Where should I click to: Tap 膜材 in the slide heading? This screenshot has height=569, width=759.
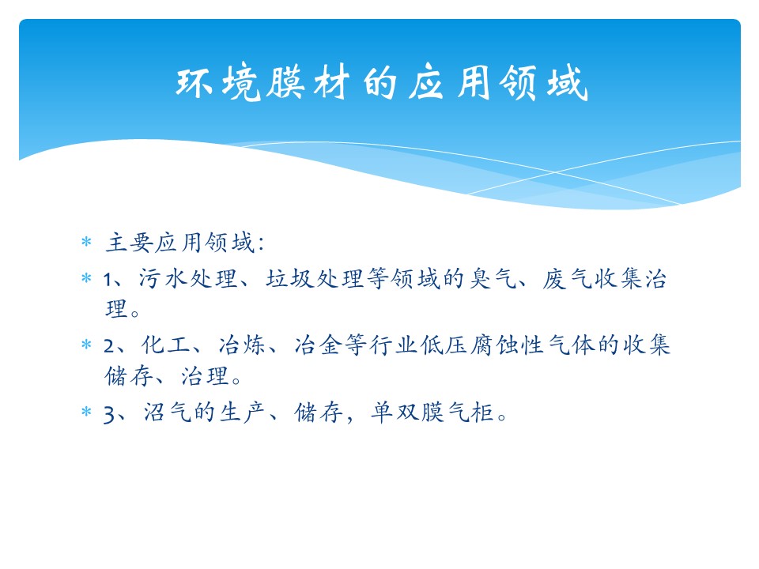[x=308, y=83]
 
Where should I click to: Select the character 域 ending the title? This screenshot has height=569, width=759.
[x=568, y=83]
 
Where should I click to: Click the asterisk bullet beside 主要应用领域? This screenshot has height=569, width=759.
[x=87, y=241]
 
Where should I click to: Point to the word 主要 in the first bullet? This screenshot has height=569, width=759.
[x=129, y=243]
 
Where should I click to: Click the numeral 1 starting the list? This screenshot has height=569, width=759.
[x=108, y=280]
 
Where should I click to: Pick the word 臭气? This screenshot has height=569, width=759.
[x=493, y=279]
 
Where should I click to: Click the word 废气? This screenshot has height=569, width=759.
[x=568, y=279]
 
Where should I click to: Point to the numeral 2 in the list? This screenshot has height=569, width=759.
[x=109, y=346]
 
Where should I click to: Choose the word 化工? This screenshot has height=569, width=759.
[x=165, y=345]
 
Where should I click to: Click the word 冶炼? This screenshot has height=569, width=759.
[x=242, y=345]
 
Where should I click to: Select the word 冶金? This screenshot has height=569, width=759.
[x=318, y=345]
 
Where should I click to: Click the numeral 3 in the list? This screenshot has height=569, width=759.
[x=109, y=414]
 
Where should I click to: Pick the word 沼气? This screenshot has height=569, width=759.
[x=167, y=413]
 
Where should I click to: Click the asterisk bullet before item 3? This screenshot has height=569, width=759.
[x=87, y=411]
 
